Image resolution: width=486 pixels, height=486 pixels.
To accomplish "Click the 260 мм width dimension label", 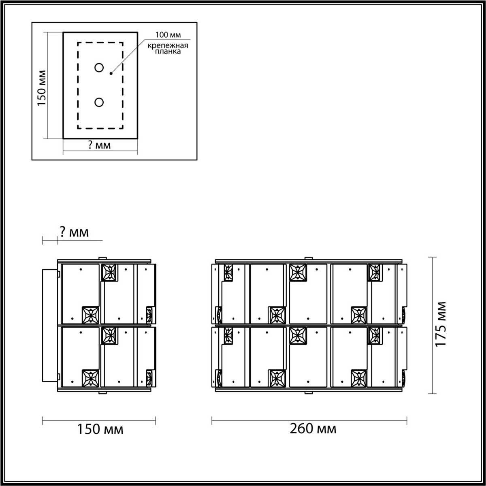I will point(313,428).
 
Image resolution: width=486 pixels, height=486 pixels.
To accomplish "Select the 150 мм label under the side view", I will point(100,429).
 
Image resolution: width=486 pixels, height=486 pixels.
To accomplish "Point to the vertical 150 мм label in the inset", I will point(42,87).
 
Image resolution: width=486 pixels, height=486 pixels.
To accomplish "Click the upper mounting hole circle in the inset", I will point(99,68).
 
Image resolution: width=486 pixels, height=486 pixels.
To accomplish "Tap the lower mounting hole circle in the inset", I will point(99,102).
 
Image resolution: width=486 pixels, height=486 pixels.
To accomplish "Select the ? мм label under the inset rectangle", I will point(99,145).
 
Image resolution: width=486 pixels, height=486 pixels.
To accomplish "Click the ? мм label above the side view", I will point(74,232).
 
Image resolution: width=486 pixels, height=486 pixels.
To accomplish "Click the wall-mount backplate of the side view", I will point(51,325).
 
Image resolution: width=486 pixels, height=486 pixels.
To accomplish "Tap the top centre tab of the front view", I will point(309,258).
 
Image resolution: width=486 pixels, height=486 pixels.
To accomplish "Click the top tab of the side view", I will point(102,258).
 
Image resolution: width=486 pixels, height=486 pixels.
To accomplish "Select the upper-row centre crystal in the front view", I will point(298,272).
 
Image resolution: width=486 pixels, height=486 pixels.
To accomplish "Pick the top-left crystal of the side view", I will point(109,272).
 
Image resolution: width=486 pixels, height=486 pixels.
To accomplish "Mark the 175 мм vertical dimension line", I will point(433,325).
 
